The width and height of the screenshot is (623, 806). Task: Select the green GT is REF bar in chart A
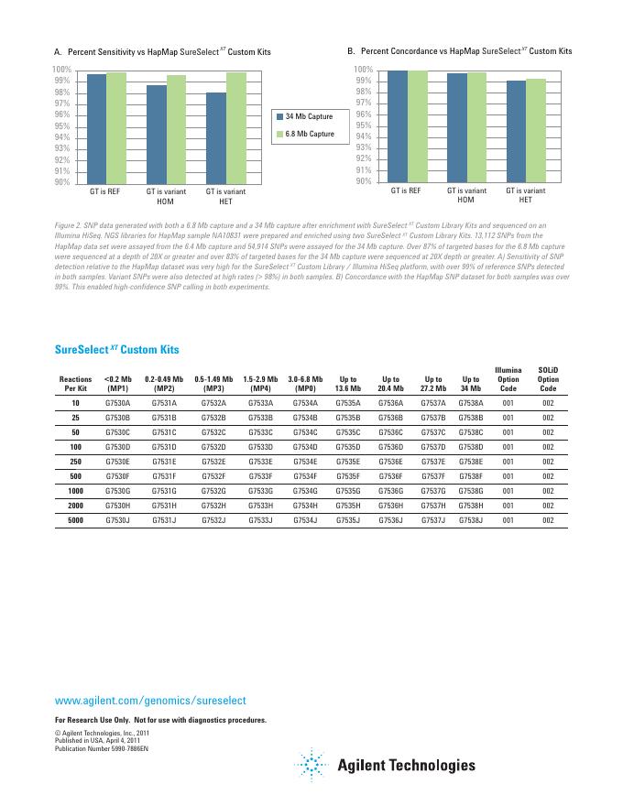(116, 128)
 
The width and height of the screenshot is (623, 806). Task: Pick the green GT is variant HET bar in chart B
(536, 130)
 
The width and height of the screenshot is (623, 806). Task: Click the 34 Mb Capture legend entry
(304, 117)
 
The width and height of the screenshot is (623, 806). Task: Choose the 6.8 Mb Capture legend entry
(304, 135)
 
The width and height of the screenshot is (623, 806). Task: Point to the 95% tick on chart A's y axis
(61, 126)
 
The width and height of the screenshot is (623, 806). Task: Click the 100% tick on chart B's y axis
(362, 70)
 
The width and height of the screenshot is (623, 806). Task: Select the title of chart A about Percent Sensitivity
(163, 51)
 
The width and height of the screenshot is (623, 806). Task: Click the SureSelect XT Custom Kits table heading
(117, 350)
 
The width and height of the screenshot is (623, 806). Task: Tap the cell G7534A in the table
(305, 402)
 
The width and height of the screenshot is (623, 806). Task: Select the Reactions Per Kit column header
(75, 383)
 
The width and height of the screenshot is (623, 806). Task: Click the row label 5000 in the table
(75, 520)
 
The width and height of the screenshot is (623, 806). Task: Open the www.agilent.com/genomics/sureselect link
(151, 700)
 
